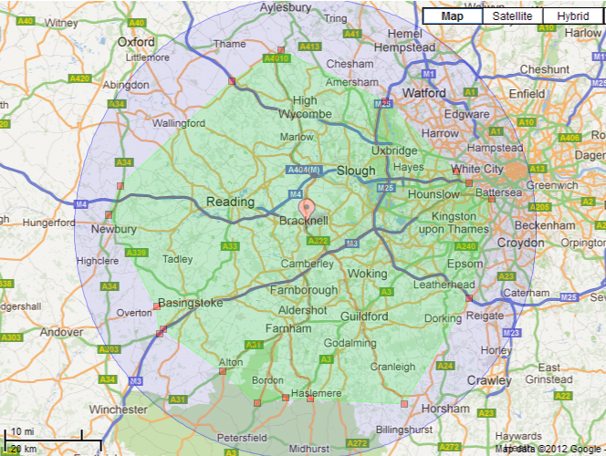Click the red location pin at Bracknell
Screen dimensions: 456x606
pos(307,207)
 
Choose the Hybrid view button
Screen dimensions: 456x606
pos(572,16)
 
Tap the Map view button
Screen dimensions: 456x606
pos(452,16)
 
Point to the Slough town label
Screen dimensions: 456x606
pos(356,171)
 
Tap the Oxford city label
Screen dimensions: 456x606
pos(136,41)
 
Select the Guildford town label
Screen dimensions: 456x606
pos(363,316)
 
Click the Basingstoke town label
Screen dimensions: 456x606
pos(191,302)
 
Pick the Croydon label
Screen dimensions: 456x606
pos(520,243)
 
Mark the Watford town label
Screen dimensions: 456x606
pos(423,93)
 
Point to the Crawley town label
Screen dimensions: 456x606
pos(488,379)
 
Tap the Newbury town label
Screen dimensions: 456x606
pos(114,229)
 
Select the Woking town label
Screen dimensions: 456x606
pos(369,273)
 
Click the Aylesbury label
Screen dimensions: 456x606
pos(286,6)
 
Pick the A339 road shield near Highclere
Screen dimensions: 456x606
pos(135,253)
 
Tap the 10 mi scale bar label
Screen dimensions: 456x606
pos(22,431)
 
